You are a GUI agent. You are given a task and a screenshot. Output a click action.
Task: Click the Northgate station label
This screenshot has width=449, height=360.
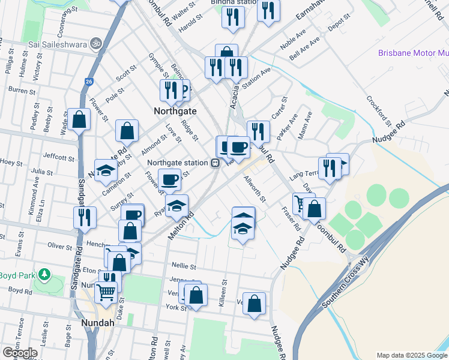point(178,163)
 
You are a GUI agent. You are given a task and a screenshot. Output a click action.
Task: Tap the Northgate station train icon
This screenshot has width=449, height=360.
point(214,163)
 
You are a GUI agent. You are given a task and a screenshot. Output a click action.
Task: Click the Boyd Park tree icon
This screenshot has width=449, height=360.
point(44,275)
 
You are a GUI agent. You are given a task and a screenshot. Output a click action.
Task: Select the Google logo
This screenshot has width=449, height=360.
point(19,353)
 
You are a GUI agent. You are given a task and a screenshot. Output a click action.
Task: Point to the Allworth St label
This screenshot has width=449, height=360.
point(254,188)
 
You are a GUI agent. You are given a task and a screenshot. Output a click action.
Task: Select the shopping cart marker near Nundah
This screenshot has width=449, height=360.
point(106,293)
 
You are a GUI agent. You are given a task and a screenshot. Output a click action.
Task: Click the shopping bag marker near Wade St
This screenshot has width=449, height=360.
point(79,119)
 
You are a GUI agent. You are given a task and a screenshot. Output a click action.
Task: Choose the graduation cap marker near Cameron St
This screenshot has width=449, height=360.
point(106,170)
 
